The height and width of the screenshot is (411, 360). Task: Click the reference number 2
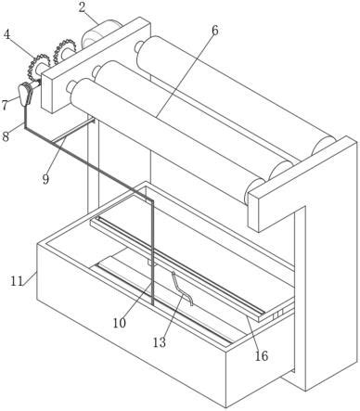point(82,7)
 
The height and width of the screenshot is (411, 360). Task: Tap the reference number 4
point(6,34)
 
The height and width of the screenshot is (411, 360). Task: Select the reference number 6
point(215,31)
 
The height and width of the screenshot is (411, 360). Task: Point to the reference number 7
point(5,105)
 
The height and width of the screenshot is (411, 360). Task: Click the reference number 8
point(6,136)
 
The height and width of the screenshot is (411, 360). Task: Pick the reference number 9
point(45,179)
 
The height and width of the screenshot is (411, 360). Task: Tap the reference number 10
point(120,323)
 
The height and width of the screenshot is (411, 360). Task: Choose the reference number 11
point(17,281)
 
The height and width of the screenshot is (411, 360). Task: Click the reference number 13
point(160,342)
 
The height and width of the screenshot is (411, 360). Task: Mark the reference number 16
point(262,356)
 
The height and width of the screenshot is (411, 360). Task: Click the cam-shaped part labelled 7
point(25,94)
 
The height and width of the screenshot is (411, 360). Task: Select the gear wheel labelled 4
point(38,67)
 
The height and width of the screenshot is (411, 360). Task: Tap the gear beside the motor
point(64,51)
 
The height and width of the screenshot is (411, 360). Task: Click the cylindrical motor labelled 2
point(99,33)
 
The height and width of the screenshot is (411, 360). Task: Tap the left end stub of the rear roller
point(139,46)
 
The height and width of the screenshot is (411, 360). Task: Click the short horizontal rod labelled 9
point(73,131)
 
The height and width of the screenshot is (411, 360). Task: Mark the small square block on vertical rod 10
point(150,263)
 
